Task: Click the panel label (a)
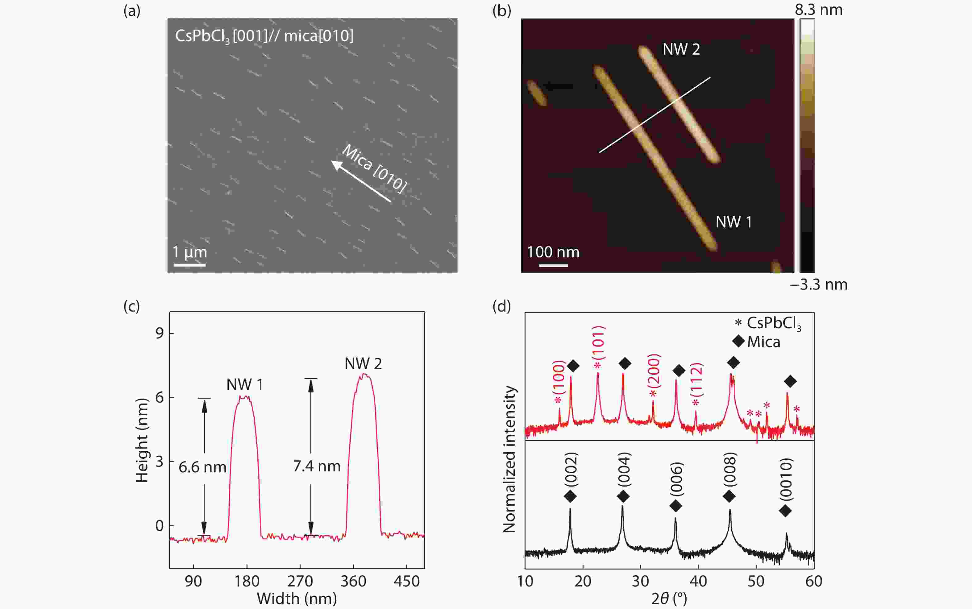click(132, 11)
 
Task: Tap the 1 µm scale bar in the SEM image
click(189, 265)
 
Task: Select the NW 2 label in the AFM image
click(681, 50)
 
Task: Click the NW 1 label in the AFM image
click(733, 222)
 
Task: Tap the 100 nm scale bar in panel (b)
click(553, 265)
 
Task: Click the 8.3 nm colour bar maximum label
click(819, 10)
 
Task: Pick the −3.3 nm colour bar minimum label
click(819, 285)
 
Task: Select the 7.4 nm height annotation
click(317, 466)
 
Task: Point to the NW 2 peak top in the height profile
click(364, 375)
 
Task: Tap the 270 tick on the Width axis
click(300, 581)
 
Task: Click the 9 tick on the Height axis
click(160, 333)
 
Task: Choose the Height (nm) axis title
click(142, 440)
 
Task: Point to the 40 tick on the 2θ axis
click(698, 581)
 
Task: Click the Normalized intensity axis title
click(509, 459)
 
